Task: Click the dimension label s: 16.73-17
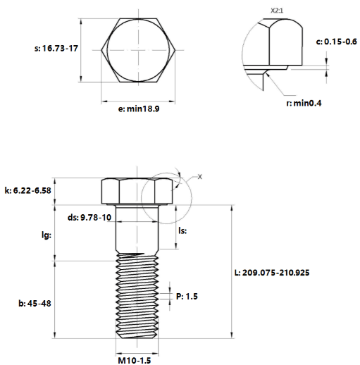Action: (56, 49)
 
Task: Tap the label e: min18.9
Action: (139, 109)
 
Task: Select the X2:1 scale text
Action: (277, 11)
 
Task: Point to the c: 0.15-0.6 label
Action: (337, 42)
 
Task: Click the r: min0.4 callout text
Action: (304, 103)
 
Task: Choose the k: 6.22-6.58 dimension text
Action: (27, 190)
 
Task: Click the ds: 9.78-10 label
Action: (89, 218)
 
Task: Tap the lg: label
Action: (46, 235)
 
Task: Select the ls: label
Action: (182, 231)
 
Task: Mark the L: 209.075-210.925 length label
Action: (272, 273)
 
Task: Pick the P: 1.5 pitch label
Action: (187, 297)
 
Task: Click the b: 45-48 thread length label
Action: (35, 304)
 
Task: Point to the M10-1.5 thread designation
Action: (135, 360)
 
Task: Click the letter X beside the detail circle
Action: (199, 177)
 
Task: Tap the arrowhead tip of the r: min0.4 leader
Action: (266, 73)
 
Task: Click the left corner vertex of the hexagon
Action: (101, 50)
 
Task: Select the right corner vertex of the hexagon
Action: (175, 50)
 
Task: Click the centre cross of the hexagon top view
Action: (138, 50)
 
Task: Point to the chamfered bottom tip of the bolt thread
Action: (137, 338)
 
